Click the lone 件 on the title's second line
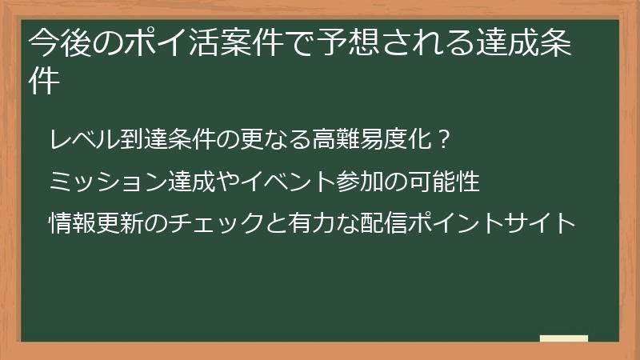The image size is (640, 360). pyautogui.click(x=45, y=82)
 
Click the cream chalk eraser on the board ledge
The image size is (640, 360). pyautogui.click(x=563, y=338)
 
